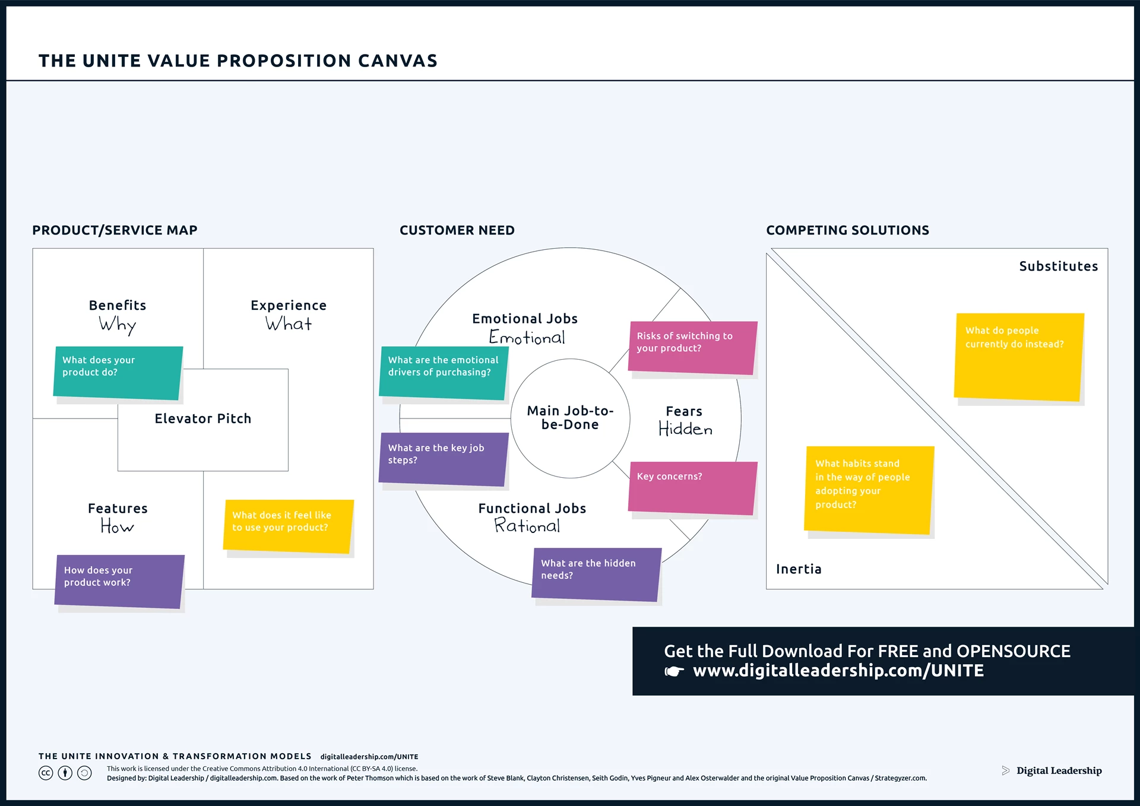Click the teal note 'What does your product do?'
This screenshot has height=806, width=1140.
pyautogui.click(x=118, y=372)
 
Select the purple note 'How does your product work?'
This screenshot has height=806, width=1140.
pyautogui.click(x=119, y=580)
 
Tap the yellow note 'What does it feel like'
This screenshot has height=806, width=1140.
pyautogui.click(x=288, y=526)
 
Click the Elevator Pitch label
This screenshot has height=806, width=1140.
pyautogui.click(x=203, y=418)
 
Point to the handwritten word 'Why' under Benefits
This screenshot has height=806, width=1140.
pyautogui.click(x=118, y=325)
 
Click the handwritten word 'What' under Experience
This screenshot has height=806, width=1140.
pyautogui.click(x=289, y=324)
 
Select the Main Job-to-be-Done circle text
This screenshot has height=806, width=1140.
pyautogui.click(x=570, y=417)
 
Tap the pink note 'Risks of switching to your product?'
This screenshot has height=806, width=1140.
pyautogui.click(x=692, y=347)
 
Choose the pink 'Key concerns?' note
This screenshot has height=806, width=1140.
pyautogui.click(x=692, y=487)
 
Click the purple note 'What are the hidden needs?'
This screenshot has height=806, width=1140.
pyautogui.click(x=596, y=573)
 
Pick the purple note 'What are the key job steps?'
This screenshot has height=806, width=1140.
pyautogui.click(x=443, y=458)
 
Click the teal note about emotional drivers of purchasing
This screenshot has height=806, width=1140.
pyautogui.click(x=443, y=372)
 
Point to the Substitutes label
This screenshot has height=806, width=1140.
pyautogui.click(x=1058, y=266)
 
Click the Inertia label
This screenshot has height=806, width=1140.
pyautogui.click(x=799, y=569)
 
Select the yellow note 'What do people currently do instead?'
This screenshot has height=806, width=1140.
pyautogui.click(x=1018, y=356)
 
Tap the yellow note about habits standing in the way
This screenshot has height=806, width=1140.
pyautogui.click(x=868, y=489)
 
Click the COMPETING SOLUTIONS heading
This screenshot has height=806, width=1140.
pyautogui.click(x=847, y=230)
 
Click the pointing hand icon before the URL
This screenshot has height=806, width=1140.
pyautogui.click(x=674, y=671)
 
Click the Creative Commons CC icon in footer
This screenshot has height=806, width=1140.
pyautogui.click(x=46, y=773)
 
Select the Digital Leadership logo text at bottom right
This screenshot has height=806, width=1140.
pyautogui.click(x=1058, y=770)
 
